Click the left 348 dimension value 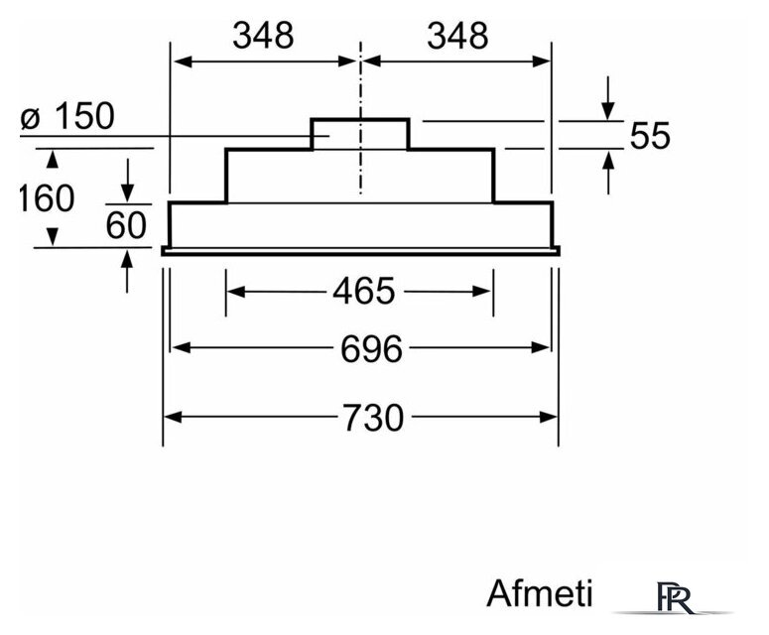[263, 36]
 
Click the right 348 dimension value [457, 36]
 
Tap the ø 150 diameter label [67, 116]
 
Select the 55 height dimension [650, 135]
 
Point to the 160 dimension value [46, 198]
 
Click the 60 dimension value [126, 225]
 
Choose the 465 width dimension [363, 291]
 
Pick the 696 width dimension [371, 348]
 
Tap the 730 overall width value [373, 418]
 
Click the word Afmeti [540, 593]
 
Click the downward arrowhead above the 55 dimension [608, 111]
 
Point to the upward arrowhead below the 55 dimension [608, 161]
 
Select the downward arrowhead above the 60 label [128, 192]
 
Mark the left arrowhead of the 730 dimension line [173, 418]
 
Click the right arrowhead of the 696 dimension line [540, 347]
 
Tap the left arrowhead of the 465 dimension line [236, 292]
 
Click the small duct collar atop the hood [359, 133]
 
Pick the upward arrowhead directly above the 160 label [52, 161]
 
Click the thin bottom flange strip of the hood [361, 252]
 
